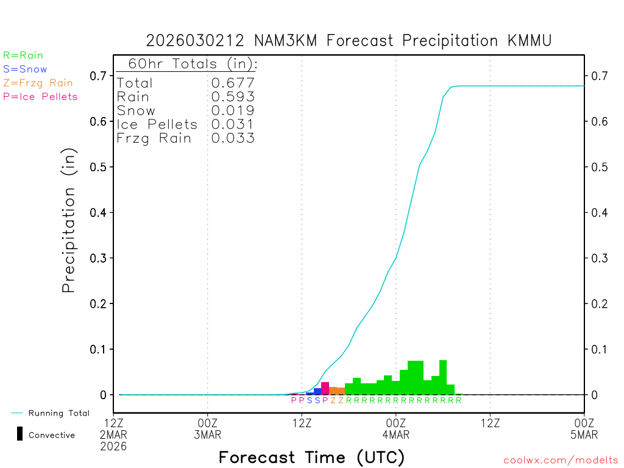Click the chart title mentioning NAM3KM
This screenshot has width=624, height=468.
click(349, 41)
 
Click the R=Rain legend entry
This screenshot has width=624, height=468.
click(23, 55)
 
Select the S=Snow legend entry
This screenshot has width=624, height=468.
click(25, 69)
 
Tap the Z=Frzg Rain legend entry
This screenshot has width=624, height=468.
click(38, 83)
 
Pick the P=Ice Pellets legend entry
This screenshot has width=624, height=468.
click(40, 96)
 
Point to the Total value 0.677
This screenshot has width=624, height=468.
click(233, 83)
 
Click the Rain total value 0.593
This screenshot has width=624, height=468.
click(233, 97)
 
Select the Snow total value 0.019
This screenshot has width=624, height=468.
click(233, 110)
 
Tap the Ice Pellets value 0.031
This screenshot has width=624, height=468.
click(233, 124)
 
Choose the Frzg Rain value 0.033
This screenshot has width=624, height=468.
click(233, 138)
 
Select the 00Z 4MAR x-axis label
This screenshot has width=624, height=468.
click(396, 428)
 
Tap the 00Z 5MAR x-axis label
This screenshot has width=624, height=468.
click(584, 428)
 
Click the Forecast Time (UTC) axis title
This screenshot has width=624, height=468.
click(311, 457)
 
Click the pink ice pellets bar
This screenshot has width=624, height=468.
click(325, 388)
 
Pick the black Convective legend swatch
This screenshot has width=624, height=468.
click(20, 434)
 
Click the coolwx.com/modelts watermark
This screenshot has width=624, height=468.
click(561, 461)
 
